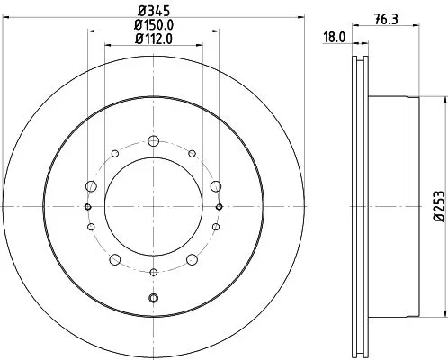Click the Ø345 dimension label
pyautogui.click(x=153, y=12)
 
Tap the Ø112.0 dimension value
pyautogui.click(x=153, y=40)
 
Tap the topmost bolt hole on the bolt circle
pyautogui.click(x=153, y=140)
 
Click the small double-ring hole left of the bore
pyautogui.click(x=88, y=207)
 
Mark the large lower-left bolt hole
pyautogui.click(x=114, y=260)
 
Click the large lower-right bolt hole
pyautogui.click(x=192, y=260)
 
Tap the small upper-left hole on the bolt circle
pyautogui.click(x=114, y=154)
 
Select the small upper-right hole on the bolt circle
pyautogui.click(x=192, y=154)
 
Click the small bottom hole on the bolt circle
pyautogui.click(x=153, y=272)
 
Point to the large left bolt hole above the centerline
pyautogui.click(x=90, y=185)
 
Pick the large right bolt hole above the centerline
pyautogui.click(x=216, y=185)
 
